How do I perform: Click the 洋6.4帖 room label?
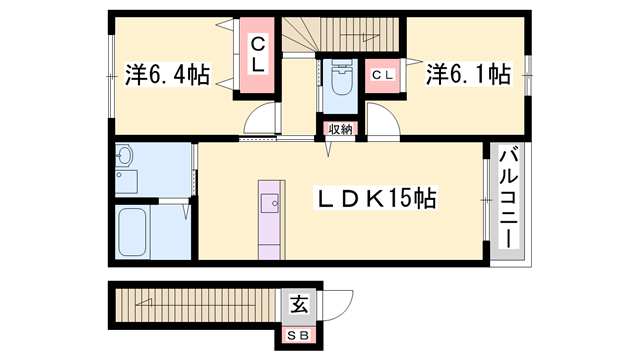coord(168,75)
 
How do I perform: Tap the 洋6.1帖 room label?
coord(468,75)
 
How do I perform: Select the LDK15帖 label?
coord(376,199)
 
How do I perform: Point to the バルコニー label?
coord(507,200)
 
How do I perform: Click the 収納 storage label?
coord(339,129)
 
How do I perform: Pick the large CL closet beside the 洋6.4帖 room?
coord(258,55)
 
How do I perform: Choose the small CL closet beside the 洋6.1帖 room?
coord(383,76)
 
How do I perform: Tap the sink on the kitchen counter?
coord(270,204)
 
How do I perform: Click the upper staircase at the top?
coord(340,36)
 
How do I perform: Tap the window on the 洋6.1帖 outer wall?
coord(527,75)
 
